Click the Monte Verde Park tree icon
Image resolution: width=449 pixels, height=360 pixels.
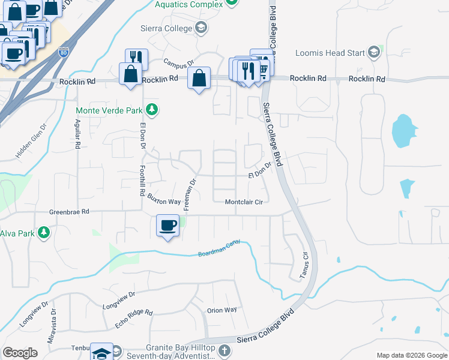point(152,110)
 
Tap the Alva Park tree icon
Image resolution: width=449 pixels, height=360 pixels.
point(43,232)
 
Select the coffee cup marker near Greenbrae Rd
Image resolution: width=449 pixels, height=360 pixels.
point(167,226)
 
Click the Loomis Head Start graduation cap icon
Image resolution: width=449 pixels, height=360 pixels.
point(375,52)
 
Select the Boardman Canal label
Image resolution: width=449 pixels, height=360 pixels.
point(219,249)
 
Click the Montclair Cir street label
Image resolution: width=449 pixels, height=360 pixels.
point(244,202)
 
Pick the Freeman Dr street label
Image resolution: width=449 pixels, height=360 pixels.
point(190,194)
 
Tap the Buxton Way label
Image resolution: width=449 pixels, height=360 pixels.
point(164,202)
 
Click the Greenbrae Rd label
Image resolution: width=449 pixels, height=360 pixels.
point(69,212)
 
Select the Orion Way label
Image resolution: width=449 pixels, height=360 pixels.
point(221,310)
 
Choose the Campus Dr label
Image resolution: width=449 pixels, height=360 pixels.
point(179,63)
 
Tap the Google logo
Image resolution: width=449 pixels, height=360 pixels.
point(20,353)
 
